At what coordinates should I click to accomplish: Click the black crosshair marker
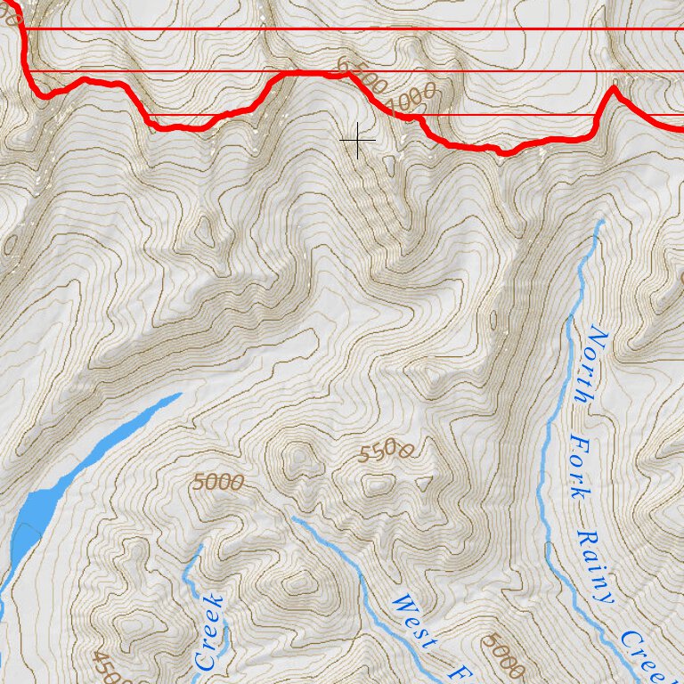(x=357, y=141)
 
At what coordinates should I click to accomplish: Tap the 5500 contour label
(x=386, y=452)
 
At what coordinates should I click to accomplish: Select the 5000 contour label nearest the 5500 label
(x=218, y=483)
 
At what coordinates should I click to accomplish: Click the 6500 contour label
(x=362, y=77)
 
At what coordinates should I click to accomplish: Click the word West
(x=414, y=621)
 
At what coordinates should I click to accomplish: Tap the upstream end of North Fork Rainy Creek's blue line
(x=602, y=222)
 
